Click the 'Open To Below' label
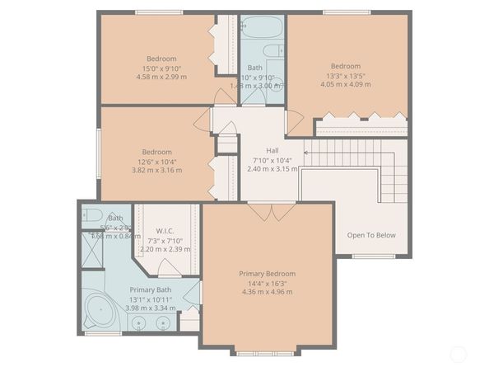[x=370, y=235]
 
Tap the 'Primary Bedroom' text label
[x=267, y=273]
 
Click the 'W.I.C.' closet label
[x=165, y=231]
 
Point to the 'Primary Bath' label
[x=150, y=289]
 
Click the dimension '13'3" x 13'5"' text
[x=346, y=75]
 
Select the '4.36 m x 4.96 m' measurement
[x=267, y=291]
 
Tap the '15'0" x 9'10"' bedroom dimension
[x=161, y=68]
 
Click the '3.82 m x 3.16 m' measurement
[x=156, y=170]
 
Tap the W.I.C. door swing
[x=169, y=267]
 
